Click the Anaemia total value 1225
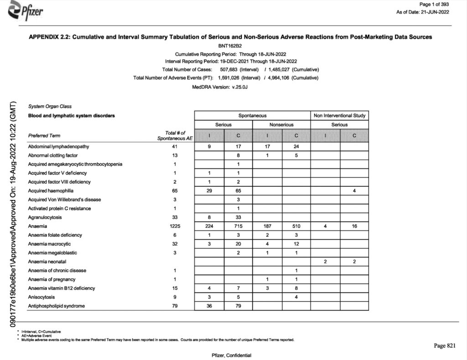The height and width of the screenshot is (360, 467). click(173, 226)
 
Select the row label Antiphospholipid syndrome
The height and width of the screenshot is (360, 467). click(57, 306)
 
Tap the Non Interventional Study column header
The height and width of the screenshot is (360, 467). click(339, 116)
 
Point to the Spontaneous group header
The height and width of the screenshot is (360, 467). click(252, 116)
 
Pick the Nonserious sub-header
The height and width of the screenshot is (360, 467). click(281, 124)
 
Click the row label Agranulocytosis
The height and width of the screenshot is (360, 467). click(45, 217)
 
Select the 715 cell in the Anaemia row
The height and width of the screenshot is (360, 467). click(238, 226)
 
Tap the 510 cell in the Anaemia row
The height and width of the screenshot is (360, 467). click(296, 226)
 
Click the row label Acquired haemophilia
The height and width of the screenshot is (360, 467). click(51, 190)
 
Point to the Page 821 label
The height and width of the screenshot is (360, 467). click(444, 346)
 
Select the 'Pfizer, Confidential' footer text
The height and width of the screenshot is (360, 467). click(232, 355)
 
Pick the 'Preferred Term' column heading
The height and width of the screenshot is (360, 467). click(44, 135)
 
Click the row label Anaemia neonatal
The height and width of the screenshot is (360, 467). click(47, 262)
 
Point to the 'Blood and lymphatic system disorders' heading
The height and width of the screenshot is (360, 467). click(72, 115)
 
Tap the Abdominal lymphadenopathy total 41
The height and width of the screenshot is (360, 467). click(173, 147)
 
